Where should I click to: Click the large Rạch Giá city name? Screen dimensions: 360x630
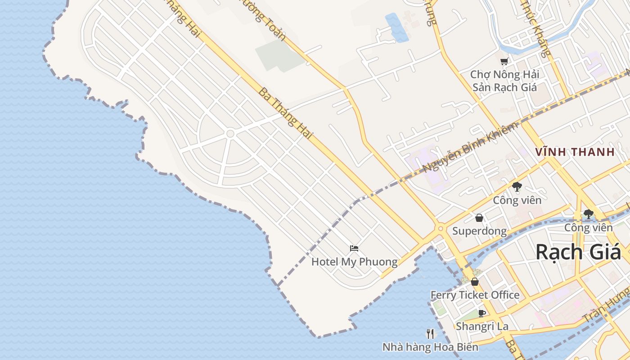coord(578,252)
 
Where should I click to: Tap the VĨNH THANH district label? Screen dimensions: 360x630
coord(575,152)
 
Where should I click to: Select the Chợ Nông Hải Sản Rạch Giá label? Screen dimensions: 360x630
coord(504,81)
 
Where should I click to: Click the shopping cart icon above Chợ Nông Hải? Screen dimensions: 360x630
coord(504,61)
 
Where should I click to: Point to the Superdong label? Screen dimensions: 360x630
coord(479,231)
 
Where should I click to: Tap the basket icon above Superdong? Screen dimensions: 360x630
coord(479,218)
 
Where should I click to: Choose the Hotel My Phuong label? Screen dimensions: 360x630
coord(354,261)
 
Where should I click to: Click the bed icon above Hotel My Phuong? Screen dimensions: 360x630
coord(354,248)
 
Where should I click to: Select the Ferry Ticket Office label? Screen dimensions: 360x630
coord(475,295)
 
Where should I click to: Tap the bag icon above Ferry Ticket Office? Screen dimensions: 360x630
coord(475,282)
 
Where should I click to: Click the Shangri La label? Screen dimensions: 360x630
coord(482,326)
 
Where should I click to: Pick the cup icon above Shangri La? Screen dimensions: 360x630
coord(482,313)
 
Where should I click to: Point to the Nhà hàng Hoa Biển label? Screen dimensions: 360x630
coord(430,347)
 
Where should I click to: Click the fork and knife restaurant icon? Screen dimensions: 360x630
coord(430,334)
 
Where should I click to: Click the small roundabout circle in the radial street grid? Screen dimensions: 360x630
coord(230,134)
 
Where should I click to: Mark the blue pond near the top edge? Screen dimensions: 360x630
coord(396,27)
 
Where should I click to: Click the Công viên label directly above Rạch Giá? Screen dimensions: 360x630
coord(589,227)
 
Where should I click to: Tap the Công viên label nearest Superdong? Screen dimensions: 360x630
coord(517,200)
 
